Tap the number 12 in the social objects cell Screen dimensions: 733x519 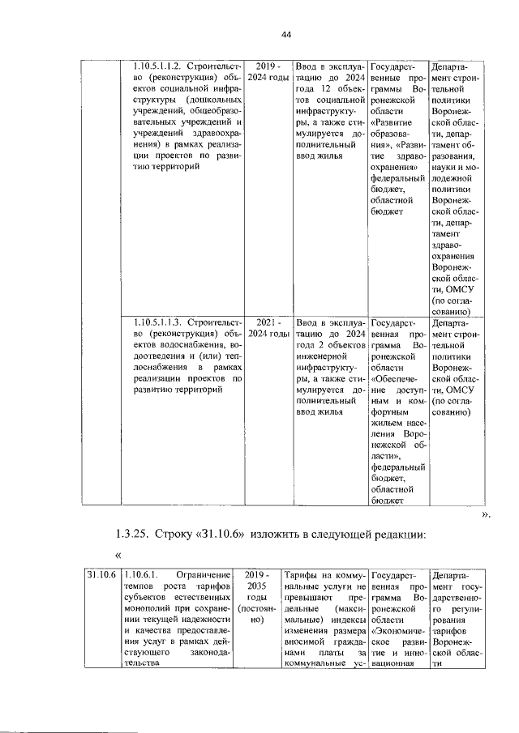[x=317, y=88]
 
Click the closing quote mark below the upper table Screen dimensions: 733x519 [x=487, y=514]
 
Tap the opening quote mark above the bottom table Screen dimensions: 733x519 [x=119, y=554]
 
